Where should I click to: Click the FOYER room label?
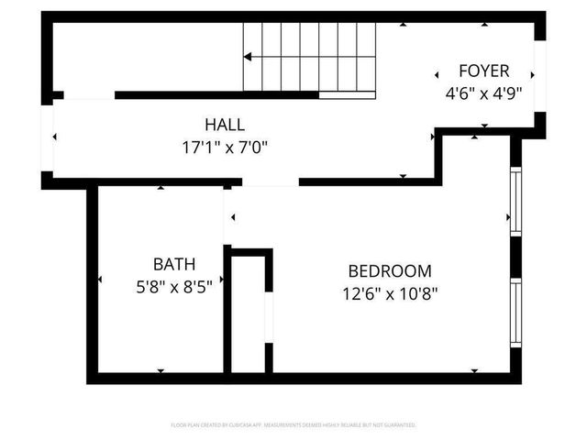(483, 71)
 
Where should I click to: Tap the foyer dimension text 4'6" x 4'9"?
(483, 92)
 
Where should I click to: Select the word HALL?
(225, 124)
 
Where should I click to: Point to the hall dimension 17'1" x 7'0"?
(225, 146)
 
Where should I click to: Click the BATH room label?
(174, 264)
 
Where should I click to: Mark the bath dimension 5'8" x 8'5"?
(174, 286)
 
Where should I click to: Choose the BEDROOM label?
(390, 271)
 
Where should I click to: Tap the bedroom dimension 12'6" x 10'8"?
(390, 294)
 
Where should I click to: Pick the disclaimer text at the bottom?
(293, 425)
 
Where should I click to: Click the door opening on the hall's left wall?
(49, 137)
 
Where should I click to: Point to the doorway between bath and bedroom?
(227, 216)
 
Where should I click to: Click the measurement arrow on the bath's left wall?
(100, 279)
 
